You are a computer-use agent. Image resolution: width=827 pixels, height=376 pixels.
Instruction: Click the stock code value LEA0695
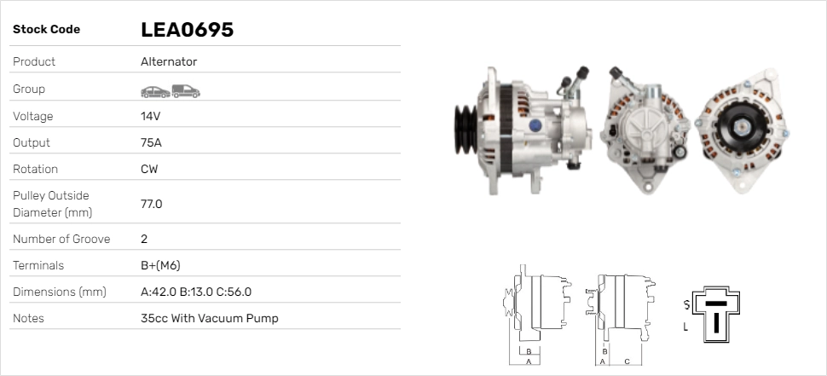click(187, 30)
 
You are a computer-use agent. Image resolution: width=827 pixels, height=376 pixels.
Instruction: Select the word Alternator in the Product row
click(169, 61)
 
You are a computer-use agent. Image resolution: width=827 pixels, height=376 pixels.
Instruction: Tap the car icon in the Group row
click(155, 92)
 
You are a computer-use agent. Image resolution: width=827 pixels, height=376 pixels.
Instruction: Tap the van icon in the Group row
click(186, 91)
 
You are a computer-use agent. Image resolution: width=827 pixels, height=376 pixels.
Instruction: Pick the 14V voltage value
click(150, 116)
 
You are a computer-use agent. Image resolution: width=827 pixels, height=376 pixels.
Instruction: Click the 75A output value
click(151, 142)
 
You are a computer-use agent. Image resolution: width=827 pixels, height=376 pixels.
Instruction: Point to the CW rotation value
click(149, 169)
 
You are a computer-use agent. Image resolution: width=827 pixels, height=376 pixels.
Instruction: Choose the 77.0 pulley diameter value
click(152, 204)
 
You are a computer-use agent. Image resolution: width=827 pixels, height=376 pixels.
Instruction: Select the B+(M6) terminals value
click(160, 265)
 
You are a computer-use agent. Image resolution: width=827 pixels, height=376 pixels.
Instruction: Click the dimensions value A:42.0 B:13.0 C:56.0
click(196, 292)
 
